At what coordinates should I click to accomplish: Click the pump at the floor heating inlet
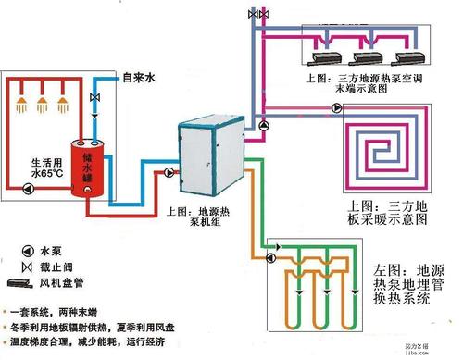pyautogui.click(x=266, y=124)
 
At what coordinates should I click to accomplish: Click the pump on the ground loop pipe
pyautogui.click(x=271, y=248)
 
